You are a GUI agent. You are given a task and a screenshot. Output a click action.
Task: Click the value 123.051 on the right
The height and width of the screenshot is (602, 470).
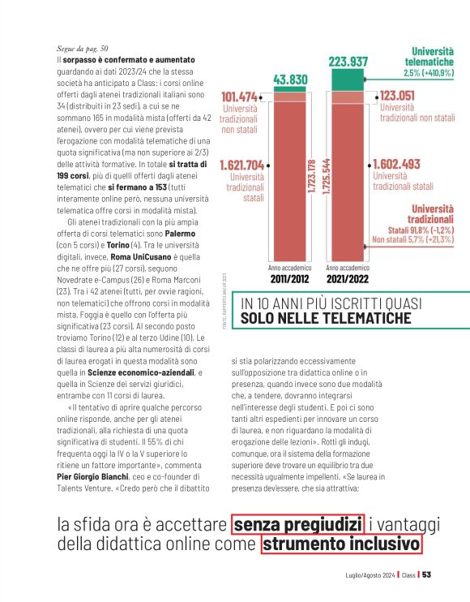tap(404, 95)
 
